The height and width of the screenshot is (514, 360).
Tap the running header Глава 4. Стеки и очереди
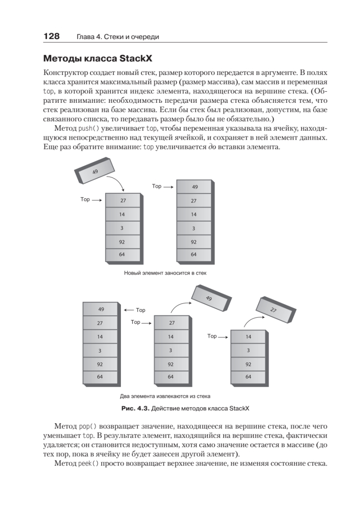click(x=118, y=37)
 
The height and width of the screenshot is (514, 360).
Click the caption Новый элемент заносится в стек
click(x=165, y=272)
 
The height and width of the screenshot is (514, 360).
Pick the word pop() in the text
click(x=88, y=427)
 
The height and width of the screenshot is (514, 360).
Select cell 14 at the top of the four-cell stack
click(x=248, y=337)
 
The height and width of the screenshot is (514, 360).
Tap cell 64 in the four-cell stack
click(x=248, y=377)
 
